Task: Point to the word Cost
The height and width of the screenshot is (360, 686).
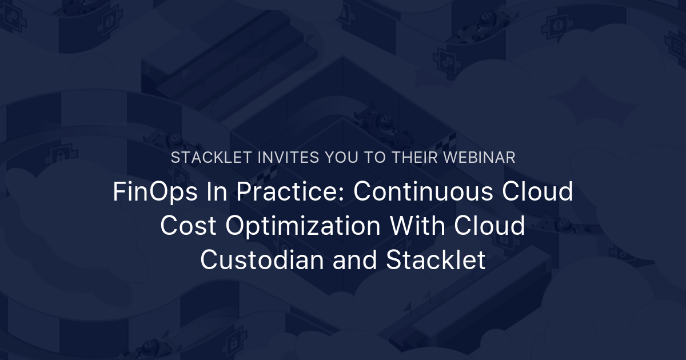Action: [x=188, y=226]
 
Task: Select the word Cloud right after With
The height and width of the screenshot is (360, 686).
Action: [x=490, y=226]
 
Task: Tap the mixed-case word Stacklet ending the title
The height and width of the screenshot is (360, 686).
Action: [x=436, y=261]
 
